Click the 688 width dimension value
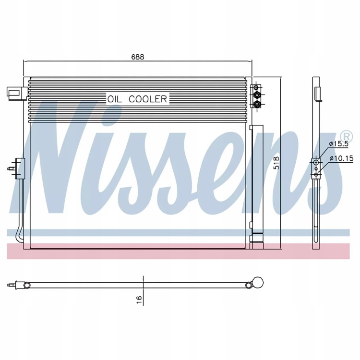coord(138,57)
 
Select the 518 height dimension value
coord(277,163)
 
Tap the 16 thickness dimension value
coord(139,300)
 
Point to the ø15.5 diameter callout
coord(339,144)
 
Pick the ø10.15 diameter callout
coord(341,158)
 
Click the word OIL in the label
coord(115,99)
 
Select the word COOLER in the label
coord(148,99)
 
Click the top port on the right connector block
coord(256,87)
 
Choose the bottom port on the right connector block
coord(256,105)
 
